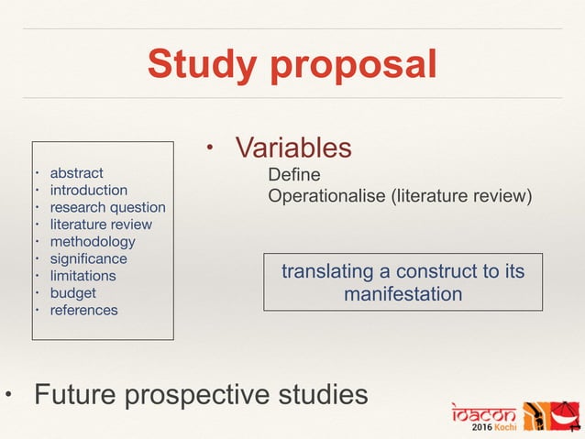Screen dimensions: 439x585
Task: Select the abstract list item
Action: coord(76,172)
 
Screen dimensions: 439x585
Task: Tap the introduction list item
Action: coord(88,190)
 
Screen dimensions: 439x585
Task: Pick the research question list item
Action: coord(107,207)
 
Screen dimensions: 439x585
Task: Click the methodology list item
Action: coord(92,241)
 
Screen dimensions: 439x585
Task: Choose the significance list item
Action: coord(88,258)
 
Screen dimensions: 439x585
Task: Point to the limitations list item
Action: coord(83,275)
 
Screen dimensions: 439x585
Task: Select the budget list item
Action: coord(72,292)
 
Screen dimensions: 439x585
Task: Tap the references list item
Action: coord(83,310)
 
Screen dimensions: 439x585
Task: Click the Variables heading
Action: coord(293,147)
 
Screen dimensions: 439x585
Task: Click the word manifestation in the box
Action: coord(403,295)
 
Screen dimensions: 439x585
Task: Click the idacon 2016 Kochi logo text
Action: coord(483,417)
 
